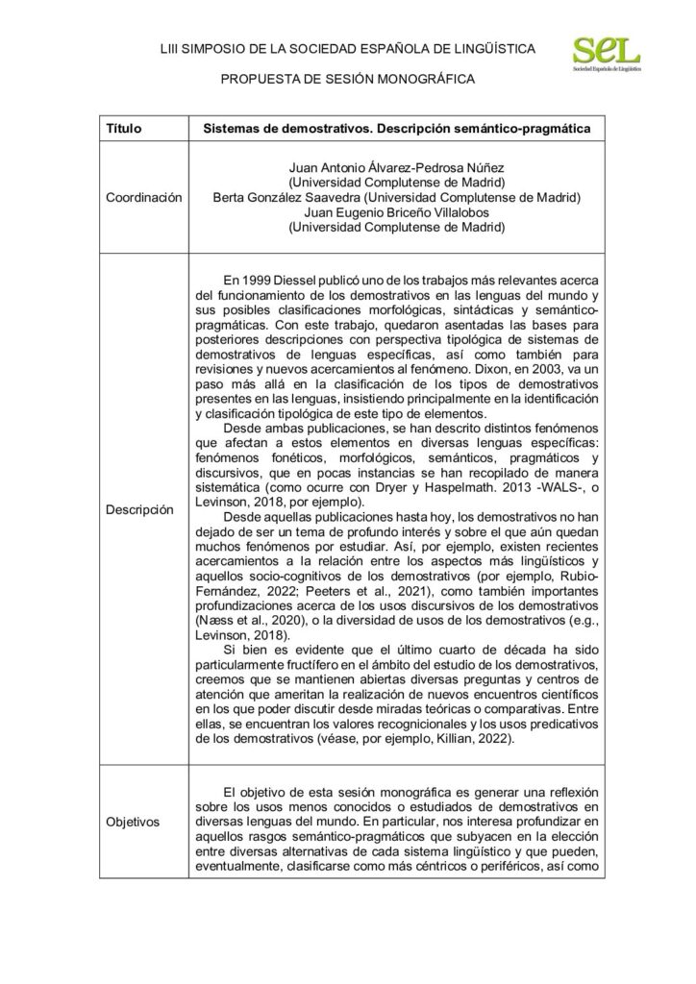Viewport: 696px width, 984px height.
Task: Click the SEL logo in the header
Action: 608,54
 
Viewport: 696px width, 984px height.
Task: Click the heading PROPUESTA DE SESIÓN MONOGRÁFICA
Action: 348,80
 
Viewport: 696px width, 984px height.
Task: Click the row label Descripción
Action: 140,508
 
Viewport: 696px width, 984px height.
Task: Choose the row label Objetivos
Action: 134,822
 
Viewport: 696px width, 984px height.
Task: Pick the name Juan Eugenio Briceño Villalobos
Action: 397,212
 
